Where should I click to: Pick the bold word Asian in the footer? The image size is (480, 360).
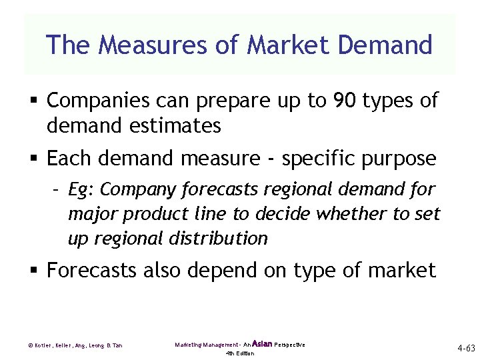(x=262, y=343)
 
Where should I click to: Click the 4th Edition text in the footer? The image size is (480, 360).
(x=240, y=353)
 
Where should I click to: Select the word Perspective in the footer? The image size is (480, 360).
(x=289, y=345)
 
